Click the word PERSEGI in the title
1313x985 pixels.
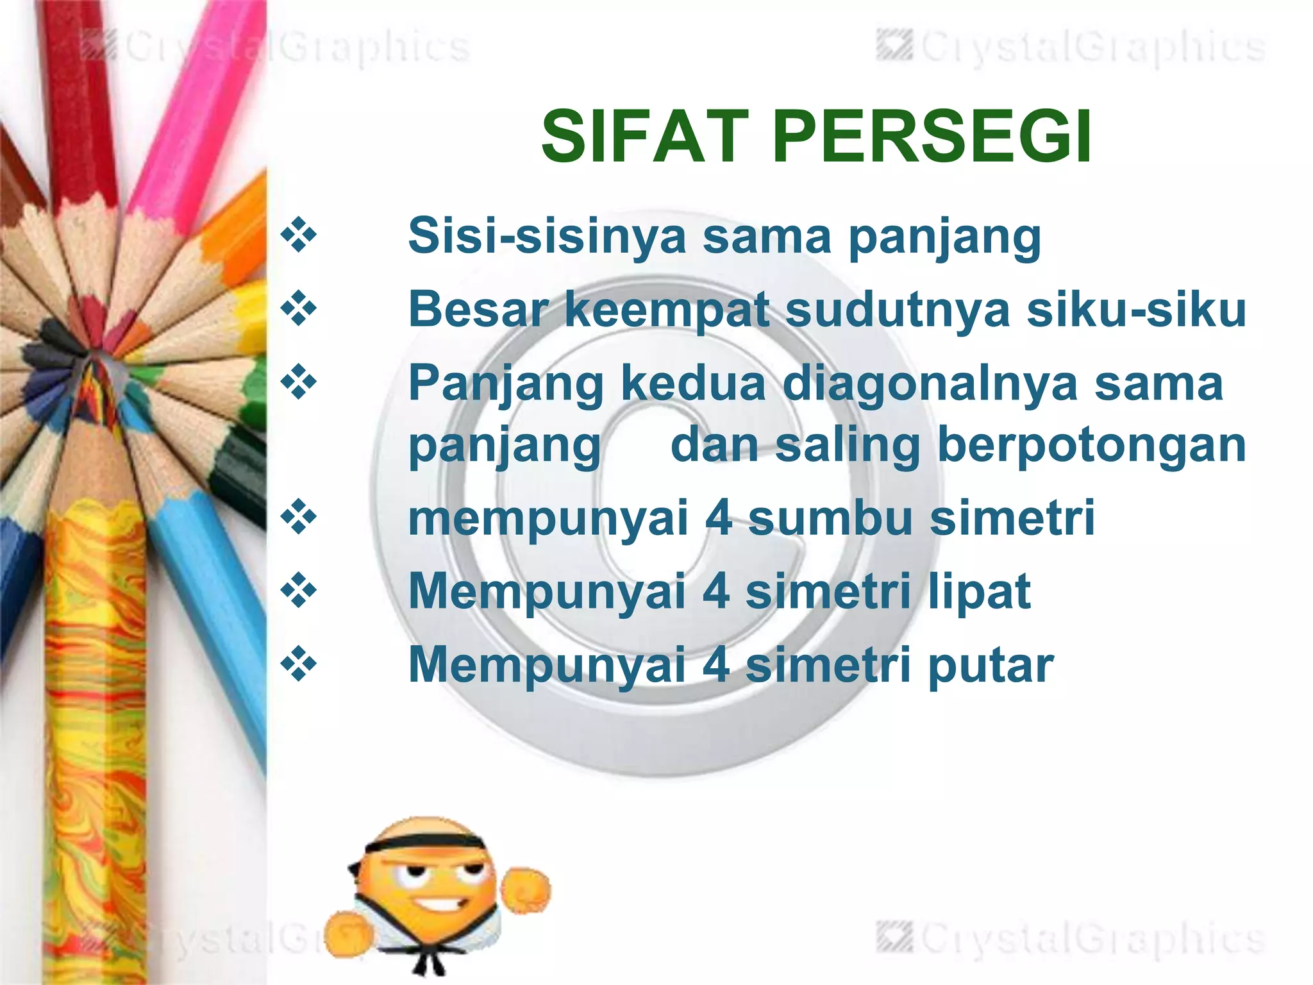click(x=932, y=137)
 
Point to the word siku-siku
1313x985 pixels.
click(x=1136, y=310)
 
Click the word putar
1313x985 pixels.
click(x=991, y=665)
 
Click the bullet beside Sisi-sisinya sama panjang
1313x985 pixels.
click(x=299, y=235)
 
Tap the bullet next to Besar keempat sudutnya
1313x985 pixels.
click(x=299, y=309)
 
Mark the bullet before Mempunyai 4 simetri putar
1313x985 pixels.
click(x=299, y=664)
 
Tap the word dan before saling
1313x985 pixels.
click(x=714, y=446)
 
